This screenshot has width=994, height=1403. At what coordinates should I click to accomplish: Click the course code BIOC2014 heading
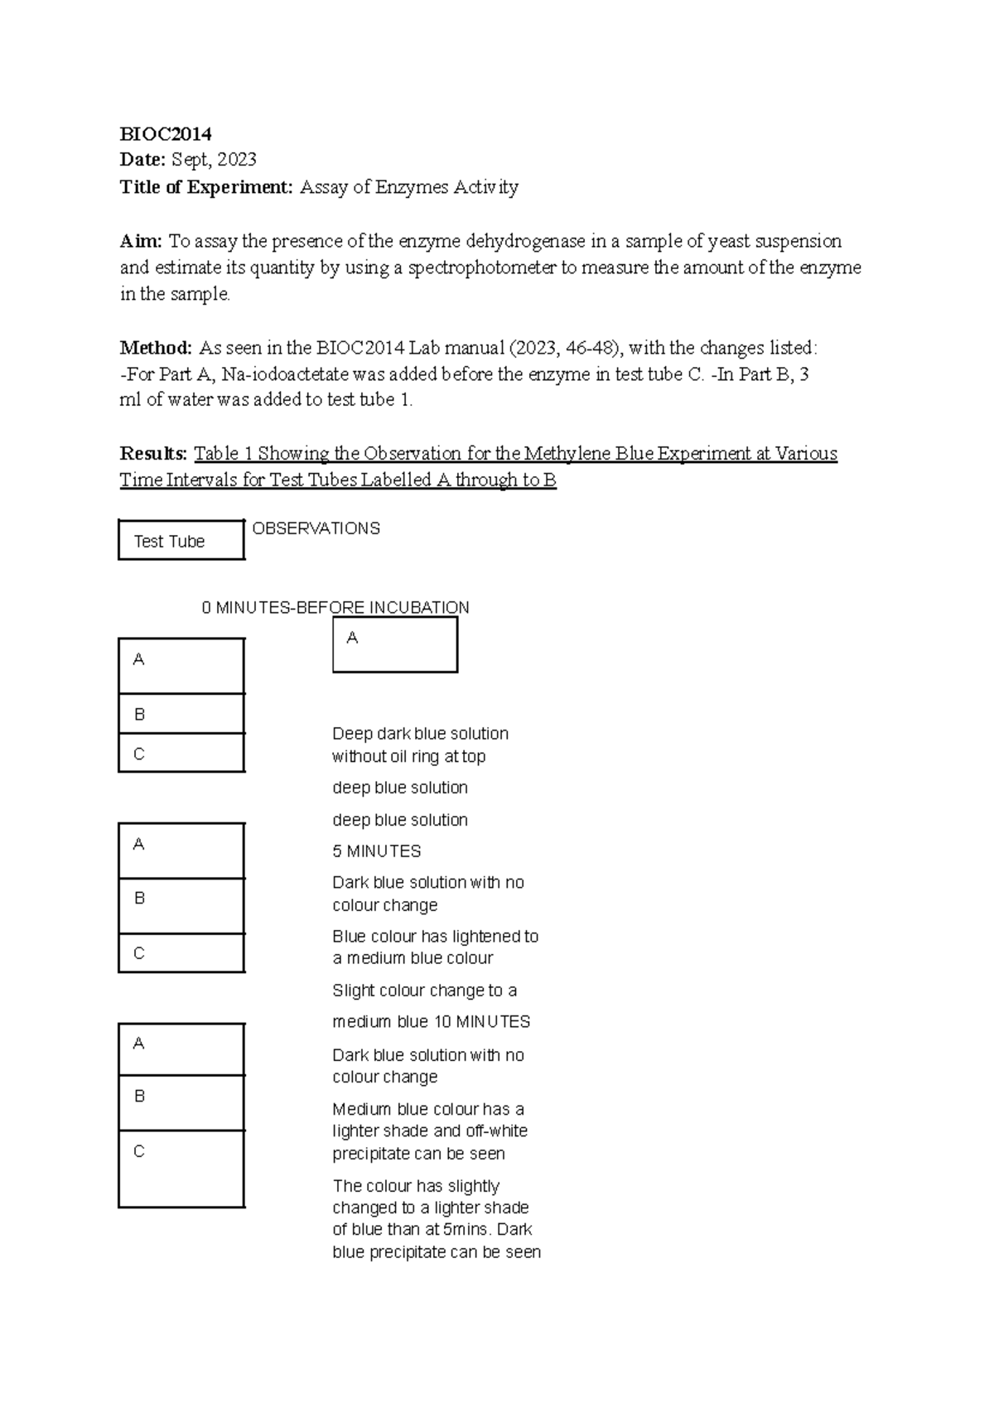[166, 134]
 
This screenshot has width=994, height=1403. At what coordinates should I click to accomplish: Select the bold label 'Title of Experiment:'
[206, 187]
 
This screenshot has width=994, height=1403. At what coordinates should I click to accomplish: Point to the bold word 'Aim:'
[141, 241]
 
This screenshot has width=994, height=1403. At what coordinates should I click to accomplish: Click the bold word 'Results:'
[154, 454]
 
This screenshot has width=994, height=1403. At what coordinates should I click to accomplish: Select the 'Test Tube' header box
[181, 541]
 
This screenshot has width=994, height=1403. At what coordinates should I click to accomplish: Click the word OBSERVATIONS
[316, 528]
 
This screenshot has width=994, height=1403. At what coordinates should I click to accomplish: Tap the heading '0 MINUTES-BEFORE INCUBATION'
[335, 608]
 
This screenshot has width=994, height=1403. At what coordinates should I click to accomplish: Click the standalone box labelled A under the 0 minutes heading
[395, 645]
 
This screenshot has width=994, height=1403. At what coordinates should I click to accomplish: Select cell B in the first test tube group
[181, 714]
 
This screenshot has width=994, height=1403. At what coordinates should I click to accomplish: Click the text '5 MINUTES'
[376, 851]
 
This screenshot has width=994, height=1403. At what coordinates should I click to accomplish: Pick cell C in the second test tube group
[181, 953]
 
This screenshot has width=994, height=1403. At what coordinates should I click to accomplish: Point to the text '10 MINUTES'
[482, 1022]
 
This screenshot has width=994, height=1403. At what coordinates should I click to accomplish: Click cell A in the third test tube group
[181, 1049]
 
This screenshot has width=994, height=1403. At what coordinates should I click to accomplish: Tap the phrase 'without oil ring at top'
[408, 756]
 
